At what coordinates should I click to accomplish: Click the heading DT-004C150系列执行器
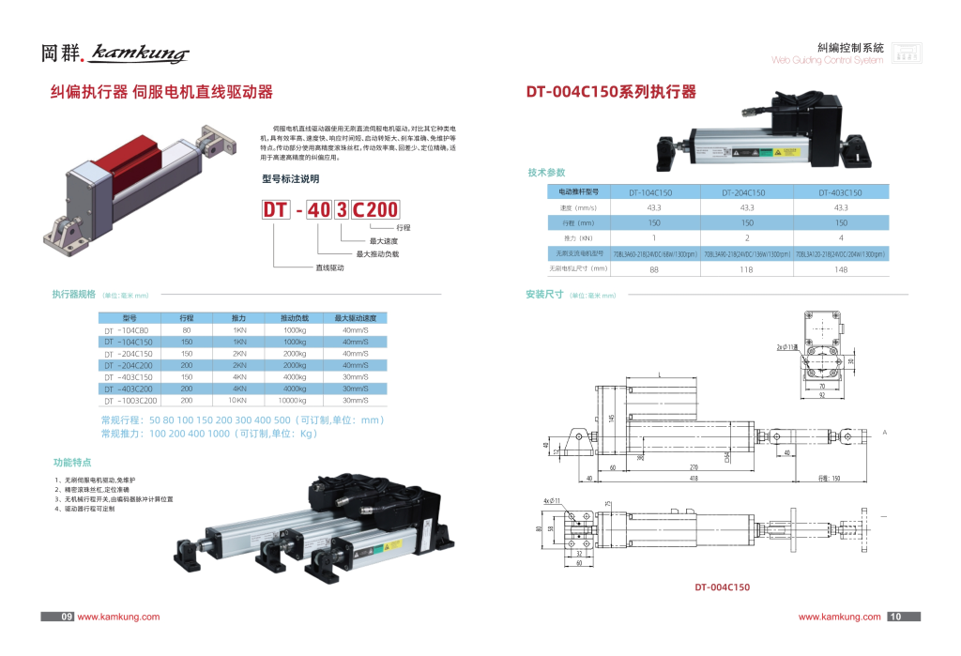coord(611,92)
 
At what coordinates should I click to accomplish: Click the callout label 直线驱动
coord(329,267)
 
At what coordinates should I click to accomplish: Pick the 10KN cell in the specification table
coord(239,400)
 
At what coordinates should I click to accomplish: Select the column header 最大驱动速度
coord(355,318)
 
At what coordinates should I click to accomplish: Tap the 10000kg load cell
coord(294,400)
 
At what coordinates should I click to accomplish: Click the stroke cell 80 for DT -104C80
coord(187,330)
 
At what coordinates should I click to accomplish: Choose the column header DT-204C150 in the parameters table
coord(747,191)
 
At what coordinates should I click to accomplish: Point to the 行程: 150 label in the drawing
coord(829,479)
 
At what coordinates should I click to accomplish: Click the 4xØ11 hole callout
coord(551,502)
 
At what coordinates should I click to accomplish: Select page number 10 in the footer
coord(894,617)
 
